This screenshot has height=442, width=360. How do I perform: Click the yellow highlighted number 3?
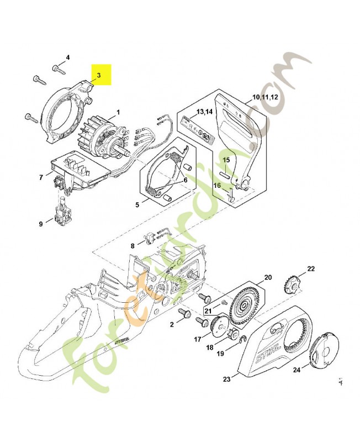(x=99, y=75)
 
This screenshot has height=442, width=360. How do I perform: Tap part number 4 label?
(x=68, y=57)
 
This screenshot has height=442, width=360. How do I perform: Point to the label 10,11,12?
(x=265, y=97)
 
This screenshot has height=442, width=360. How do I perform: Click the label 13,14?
(x=204, y=112)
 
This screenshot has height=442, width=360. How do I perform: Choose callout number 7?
(x=41, y=177)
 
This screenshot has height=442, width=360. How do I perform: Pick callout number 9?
(x=41, y=224)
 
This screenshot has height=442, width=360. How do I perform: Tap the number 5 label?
(x=137, y=204)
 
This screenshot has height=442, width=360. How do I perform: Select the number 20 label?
(x=268, y=277)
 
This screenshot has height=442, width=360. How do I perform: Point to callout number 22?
(x=311, y=269)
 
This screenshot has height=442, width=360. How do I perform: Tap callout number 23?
(x=226, y=380)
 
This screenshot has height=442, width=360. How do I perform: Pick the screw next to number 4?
(x=57, y=68)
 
